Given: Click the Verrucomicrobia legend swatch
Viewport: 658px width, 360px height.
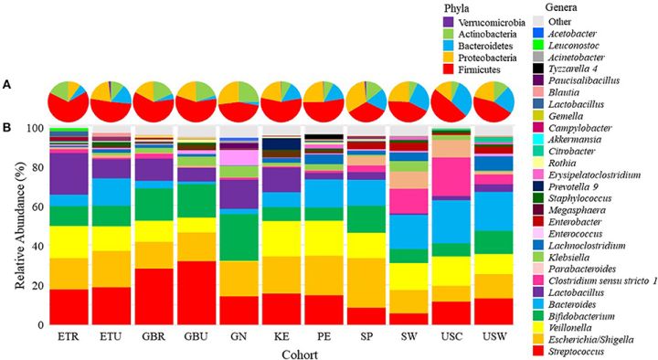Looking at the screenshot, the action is pos(449,22).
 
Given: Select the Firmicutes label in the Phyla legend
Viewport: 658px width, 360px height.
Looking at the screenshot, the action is pos(479,69).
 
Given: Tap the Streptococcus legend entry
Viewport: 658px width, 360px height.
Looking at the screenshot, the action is pos(576,352).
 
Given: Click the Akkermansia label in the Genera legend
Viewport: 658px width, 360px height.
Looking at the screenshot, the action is pos(575,140).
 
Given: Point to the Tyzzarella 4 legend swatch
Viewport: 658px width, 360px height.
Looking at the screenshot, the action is pos(538,69).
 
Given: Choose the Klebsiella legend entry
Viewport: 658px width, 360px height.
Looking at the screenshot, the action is pos(568,257).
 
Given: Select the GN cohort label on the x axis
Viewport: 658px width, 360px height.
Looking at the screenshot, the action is pos(239,336).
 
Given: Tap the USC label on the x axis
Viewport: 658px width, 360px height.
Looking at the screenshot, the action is pos(451,336).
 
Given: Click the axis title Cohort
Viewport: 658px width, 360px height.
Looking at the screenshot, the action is pos(300,355).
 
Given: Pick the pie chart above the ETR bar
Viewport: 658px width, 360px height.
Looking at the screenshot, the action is pos(69,102).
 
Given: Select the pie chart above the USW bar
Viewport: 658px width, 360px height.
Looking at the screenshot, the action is pos(493,102).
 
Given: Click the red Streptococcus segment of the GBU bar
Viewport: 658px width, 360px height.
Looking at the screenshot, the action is pos(196,293).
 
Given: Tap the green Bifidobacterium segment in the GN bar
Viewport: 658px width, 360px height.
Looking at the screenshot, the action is pos(239,238).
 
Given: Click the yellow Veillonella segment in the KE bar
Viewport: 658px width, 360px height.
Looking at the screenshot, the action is pos(281,238).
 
